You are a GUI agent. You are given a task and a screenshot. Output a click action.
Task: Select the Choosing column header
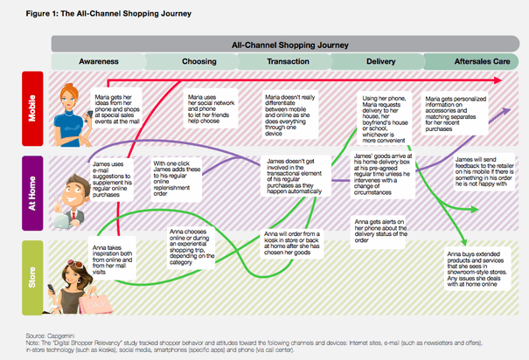[x=199, y=62]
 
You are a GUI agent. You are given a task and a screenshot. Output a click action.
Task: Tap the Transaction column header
[x=295, y=62]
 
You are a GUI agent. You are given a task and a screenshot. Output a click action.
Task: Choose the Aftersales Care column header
[x=480, y=62]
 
